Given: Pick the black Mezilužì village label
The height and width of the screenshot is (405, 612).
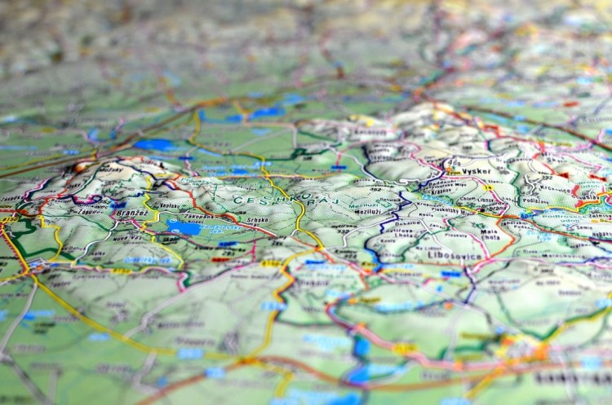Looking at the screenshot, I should coord(367,210).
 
